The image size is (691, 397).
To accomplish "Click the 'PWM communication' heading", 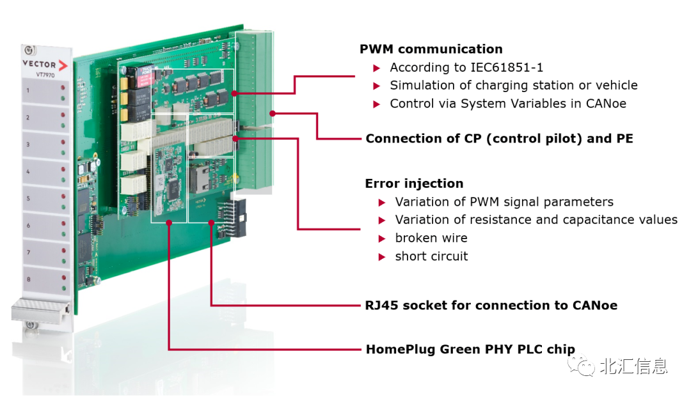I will point(431,49).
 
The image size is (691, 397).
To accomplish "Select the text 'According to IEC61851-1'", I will point(466,67).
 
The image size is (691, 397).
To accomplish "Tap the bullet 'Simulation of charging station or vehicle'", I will point(513,85).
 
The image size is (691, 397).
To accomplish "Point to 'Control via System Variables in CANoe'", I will point(507,103).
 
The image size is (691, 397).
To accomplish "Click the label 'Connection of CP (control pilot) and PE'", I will point(499,139).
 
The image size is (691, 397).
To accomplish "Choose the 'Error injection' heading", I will point(414,183).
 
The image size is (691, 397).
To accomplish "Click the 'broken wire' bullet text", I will point(431,238).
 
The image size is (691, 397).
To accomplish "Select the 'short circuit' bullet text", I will point(431,256).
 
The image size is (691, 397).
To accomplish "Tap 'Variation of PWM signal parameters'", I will point(504,202).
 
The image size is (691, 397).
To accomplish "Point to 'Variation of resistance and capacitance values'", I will point(536,220).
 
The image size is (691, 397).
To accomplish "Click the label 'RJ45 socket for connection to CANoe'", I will point(491,306).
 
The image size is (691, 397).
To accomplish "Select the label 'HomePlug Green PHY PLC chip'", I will point(470,350).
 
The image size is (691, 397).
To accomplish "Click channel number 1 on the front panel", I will point(28,91).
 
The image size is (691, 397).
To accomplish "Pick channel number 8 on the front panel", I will point(28,279).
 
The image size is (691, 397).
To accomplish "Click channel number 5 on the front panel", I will point(28,199).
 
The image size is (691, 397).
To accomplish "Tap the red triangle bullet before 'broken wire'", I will point(382,238).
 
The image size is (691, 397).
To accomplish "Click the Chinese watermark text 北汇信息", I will point(633,366).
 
